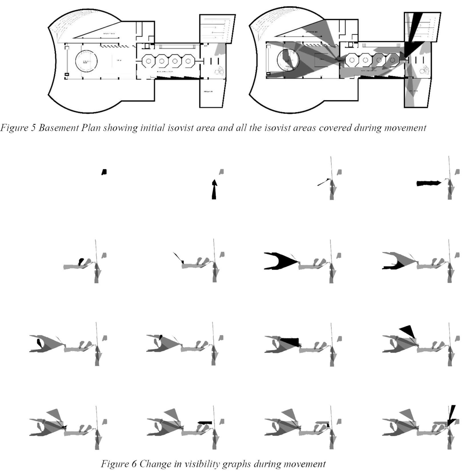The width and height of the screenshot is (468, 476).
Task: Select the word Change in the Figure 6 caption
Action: coord(155,464)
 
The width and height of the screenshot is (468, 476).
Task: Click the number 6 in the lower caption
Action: coord(134,464)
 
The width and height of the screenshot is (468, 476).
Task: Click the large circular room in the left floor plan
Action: coord(86,61)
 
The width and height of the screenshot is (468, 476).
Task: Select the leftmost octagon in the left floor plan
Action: coord(148,61)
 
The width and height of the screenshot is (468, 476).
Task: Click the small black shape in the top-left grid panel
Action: coord(104,172)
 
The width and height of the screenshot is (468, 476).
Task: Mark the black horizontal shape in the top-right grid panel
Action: coord(428,183)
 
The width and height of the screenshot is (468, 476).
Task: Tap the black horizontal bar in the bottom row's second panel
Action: coord(205,422)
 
